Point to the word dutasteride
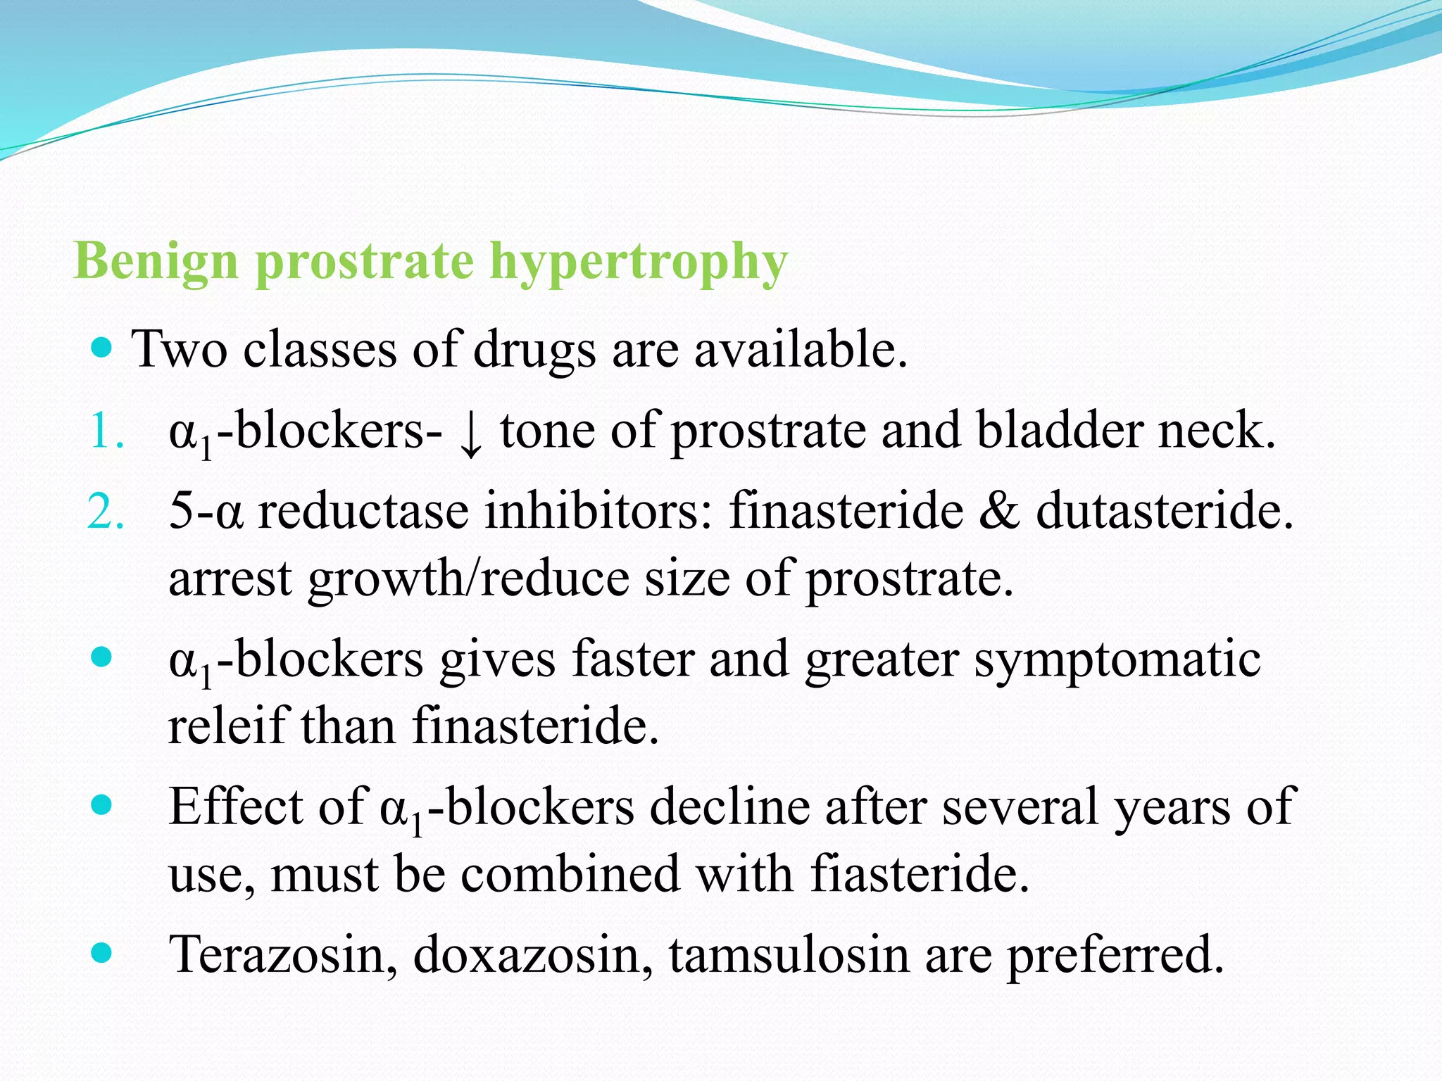coord(1165,511)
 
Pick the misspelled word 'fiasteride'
coord(920,874)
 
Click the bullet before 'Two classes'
coord(102,348)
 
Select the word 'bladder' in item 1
coord(1059,431)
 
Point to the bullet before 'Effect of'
coord(102,804)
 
